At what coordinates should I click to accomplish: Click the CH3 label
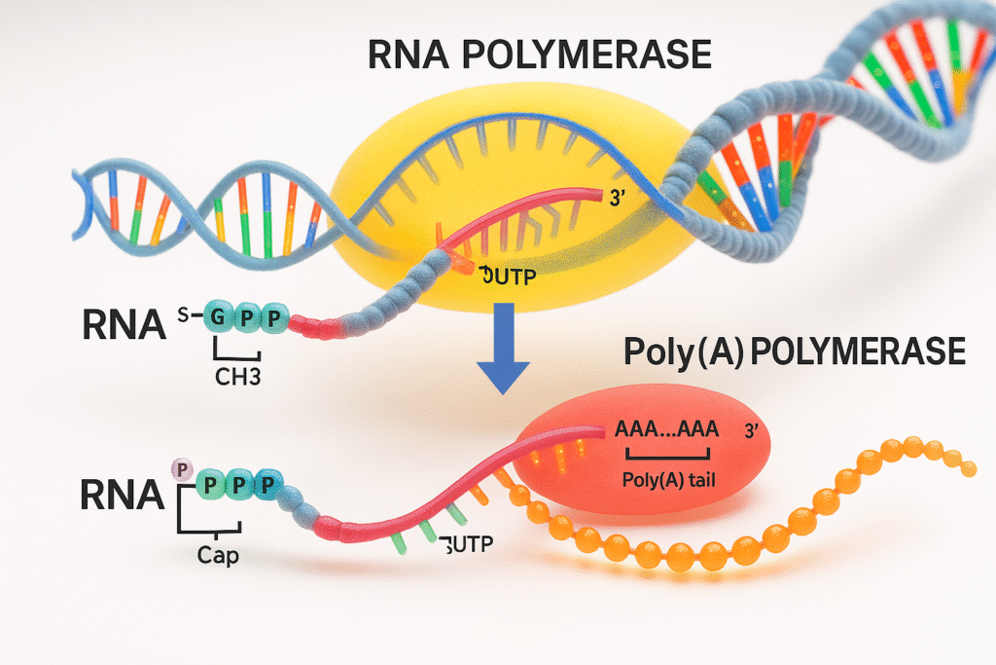(x=235, y=379)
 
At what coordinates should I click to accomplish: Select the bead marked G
(x=217, y=319)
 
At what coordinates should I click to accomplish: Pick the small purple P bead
(x=179, y=470)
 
